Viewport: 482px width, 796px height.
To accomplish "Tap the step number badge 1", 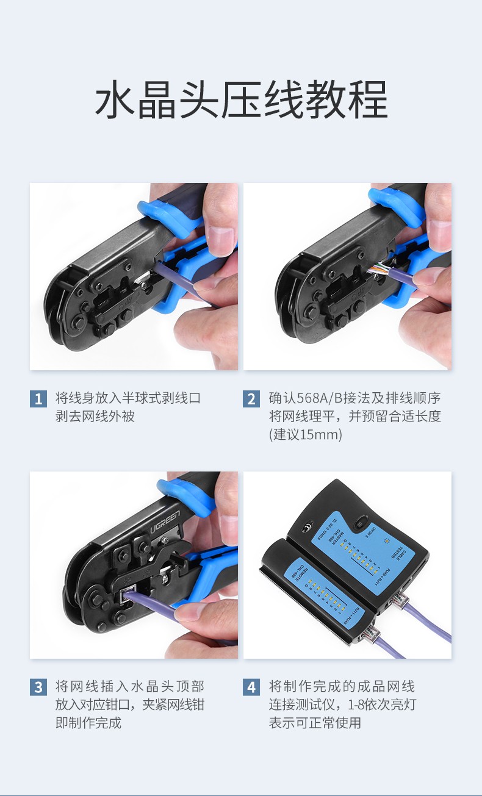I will [38, 400].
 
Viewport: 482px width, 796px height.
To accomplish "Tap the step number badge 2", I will [251, 400].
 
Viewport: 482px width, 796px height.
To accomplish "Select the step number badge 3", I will [38, 687].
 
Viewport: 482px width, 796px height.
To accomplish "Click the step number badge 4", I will [251, 687].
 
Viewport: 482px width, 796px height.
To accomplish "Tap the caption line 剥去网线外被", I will [95, 417].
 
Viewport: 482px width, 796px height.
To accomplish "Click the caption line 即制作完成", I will [88, 723].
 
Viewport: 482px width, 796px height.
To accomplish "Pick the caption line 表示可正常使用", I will [315, 723].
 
